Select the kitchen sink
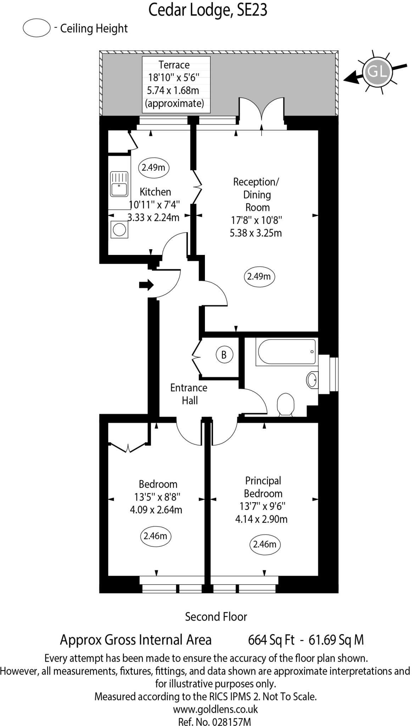tap(119, 184)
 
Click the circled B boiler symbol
tap(224, 354)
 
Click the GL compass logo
tap(377, 72)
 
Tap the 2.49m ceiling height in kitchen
tap(154, 167)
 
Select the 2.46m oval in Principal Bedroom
tap(265, 544)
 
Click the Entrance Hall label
tap(189, 394)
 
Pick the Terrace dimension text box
tap(176, 84)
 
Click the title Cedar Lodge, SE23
tap(207, 10)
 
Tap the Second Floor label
tap(216, 616)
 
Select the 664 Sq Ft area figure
tap(271, 640)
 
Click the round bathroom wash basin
tap(312, 380)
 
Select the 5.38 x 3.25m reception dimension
tap(256, 233)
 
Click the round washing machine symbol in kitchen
tap(119, 229)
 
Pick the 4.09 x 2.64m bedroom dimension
tap(156, 510)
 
